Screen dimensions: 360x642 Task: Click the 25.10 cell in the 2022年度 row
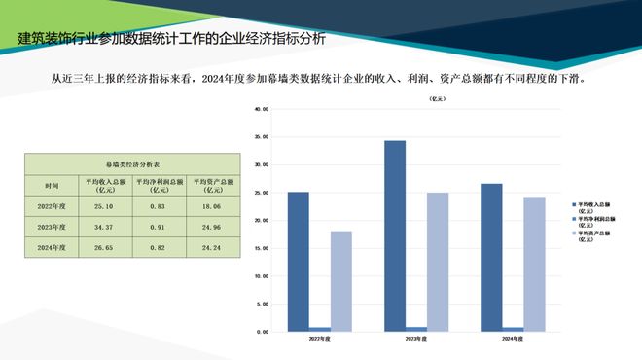tap(104, 206)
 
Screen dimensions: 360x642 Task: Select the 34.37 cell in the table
tap(104, 227)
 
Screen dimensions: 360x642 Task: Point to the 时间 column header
tap(52, 184)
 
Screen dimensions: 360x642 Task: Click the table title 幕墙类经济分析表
tap(133, 164)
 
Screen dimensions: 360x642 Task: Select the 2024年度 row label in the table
tap(52, 247)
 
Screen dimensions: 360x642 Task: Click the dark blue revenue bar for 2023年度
tap(395, 235)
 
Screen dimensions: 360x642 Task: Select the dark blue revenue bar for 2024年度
tap(491, 257)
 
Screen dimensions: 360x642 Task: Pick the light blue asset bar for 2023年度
tap(438, 262)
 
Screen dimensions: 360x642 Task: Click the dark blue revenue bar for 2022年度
tap(299, 261)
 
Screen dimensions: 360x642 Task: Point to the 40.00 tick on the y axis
tap(260, 109)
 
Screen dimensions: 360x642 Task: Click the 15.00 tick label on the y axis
tap(260, 248)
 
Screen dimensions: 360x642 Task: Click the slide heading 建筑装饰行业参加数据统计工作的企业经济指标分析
tap(172, 40)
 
